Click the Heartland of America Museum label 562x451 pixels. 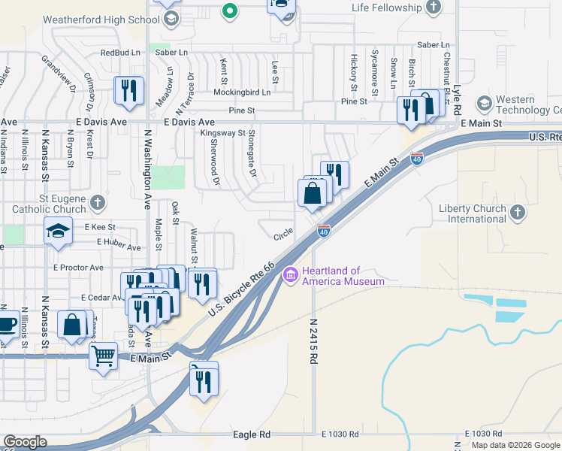pos(343,277)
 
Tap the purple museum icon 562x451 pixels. pos(291,277)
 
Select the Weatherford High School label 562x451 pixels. pos(106,19)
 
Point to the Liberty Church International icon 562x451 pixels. pos(517,213)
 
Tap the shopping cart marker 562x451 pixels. pos(103,355)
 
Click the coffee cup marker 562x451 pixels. pos(6,324)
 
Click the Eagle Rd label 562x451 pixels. pos(252,434)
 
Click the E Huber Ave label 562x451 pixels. pos(119,247)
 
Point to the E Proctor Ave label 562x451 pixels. pos(78,267)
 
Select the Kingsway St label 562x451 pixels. pos(222,133)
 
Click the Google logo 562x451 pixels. pos(25,442)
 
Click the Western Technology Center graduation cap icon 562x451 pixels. pos(483,103)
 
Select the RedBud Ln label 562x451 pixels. pos(120,53)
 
